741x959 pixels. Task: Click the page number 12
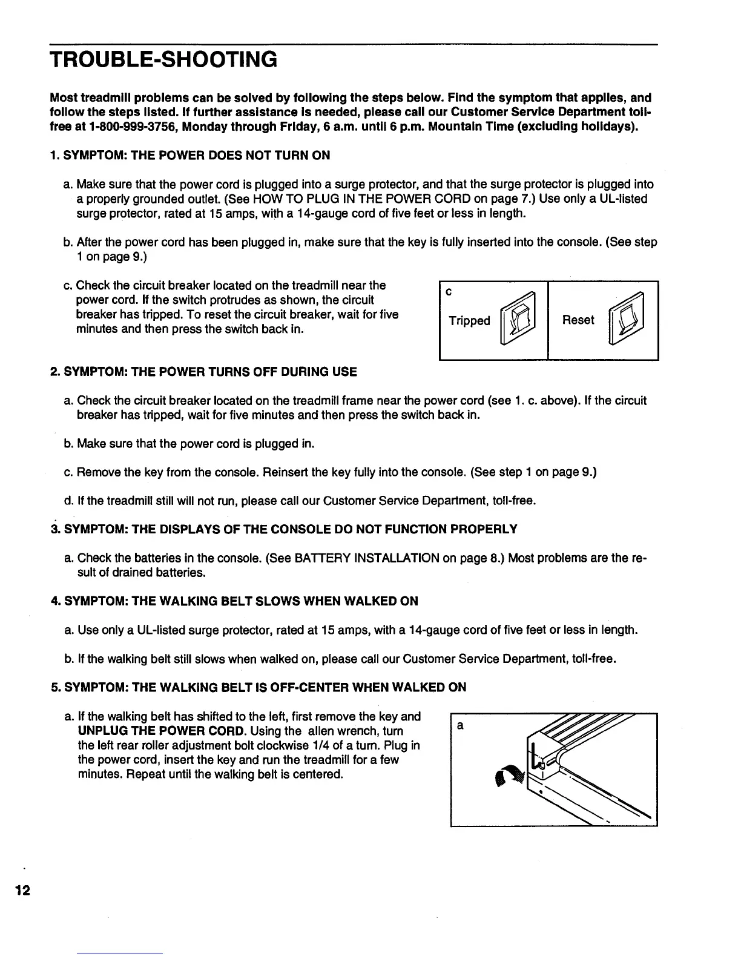tap(22, 891)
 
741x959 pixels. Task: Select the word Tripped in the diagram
tap(469, 320)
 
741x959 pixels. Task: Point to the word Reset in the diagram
tap(578, 320)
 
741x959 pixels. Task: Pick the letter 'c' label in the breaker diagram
tap(449, 292)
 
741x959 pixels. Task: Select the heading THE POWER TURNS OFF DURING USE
tap(210, 371)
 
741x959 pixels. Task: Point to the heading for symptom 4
tap(240, 601)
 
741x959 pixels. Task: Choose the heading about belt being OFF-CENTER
tap(265, 687)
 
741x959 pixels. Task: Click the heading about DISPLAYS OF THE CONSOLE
tap(290, 529)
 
